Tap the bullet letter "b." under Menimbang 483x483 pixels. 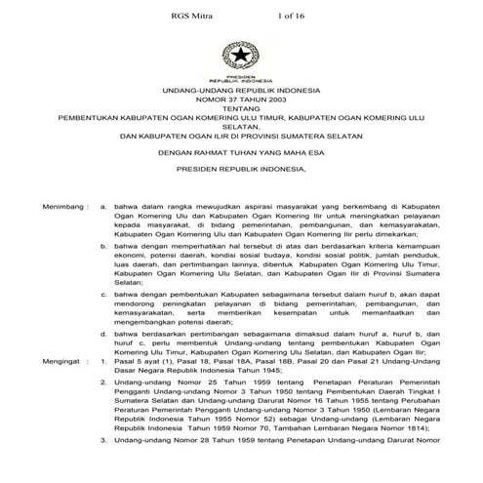pyautogui.click(x=103, y=248)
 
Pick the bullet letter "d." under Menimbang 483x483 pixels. pyautogui.click(x=103, y=336)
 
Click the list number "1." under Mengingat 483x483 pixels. pyautogui.click(x=103, y=361)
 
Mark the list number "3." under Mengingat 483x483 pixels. pyautogui.click(x=103, y=443)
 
